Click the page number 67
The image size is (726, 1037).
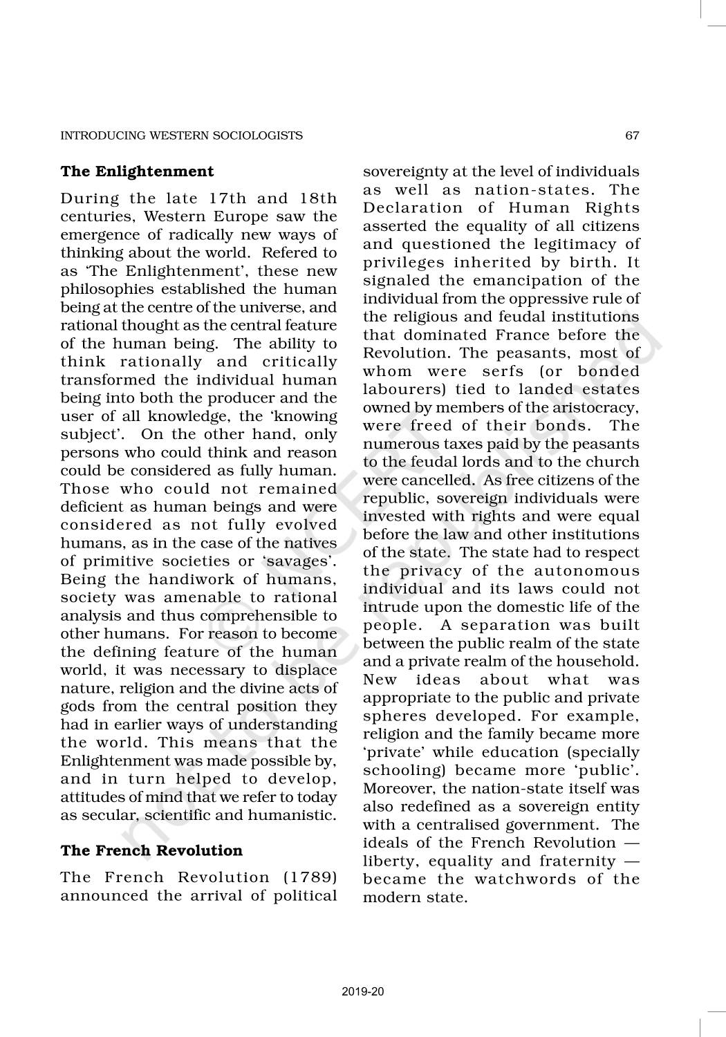[x=632, y=136]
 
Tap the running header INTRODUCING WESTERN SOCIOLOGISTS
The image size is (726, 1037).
[x=181, y=136]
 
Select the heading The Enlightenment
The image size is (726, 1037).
[x=137, y=171]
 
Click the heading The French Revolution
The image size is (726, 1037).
[x=151, y=850]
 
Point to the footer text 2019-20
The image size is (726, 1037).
[x=363, y=992]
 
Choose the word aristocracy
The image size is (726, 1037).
[x=594, y=408]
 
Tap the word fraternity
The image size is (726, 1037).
[x=576, y=861]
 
